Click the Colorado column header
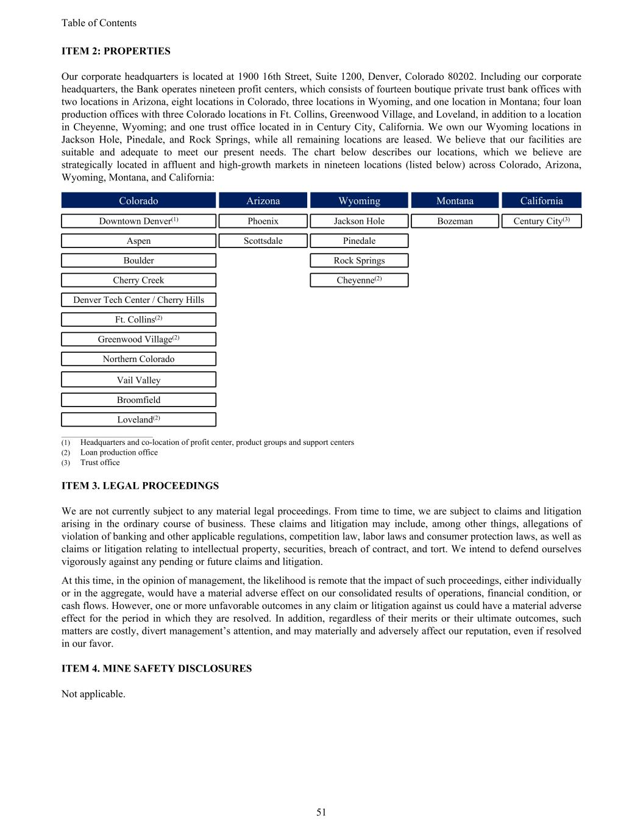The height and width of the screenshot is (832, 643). [x=138, y=201]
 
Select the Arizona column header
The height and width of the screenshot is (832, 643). [x=263, y=201]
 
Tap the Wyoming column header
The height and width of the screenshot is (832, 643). [x=359, y=201]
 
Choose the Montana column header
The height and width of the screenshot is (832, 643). [x=455, y=201]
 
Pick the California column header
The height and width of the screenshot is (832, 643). [x=541, y=201]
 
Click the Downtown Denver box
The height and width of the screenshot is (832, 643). [x=138, y=221]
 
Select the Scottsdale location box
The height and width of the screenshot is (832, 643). [x=263, y=241]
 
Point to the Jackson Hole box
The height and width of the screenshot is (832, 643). [x=359, y=221]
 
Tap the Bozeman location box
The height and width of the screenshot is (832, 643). [x=455, y=221]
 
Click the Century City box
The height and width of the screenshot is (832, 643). [x=541, y=221]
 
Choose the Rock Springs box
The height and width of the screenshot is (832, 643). [x=359, y=260]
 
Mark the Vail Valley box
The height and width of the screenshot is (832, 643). [x=138, y=380]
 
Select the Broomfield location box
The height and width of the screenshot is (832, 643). [x=138, y=400]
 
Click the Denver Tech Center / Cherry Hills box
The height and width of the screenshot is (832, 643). [x=138, y=300]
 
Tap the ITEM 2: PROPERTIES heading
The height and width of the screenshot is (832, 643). [x=116, y=51]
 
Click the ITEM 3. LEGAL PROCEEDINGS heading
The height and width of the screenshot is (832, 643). [x=140, y=486]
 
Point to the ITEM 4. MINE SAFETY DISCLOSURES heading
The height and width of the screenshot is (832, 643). [x=157, y=669]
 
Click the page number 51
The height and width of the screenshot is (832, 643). [x=321, y=812]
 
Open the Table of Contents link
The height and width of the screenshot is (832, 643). [x=99, y=23]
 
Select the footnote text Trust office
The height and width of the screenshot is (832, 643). [x=100, y=463]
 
